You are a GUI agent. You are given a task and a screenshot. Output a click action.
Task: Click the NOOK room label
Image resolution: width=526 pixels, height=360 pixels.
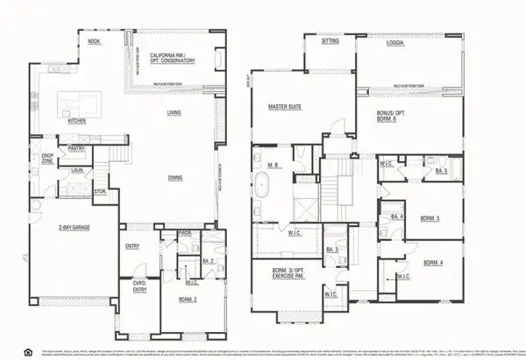pos(95,42)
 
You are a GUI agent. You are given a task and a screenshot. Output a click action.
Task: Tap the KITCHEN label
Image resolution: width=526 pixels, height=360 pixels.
pos(76,122)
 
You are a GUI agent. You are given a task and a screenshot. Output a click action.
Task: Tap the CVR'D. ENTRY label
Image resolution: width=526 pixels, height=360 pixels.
pos(136,286)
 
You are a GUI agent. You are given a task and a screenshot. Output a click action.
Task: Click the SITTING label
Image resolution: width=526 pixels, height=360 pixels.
pos(330,41)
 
